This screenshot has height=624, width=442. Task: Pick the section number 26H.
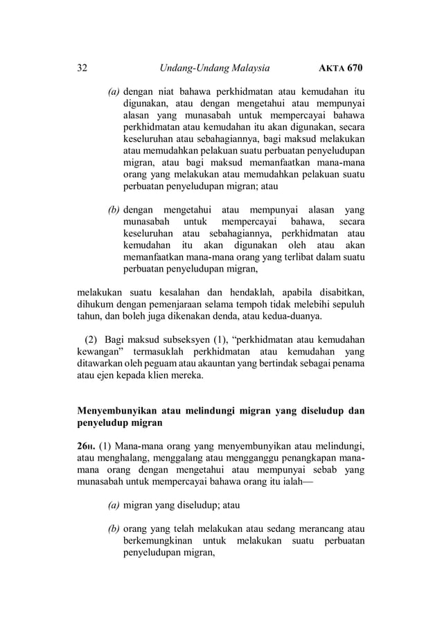pos(87,445)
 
